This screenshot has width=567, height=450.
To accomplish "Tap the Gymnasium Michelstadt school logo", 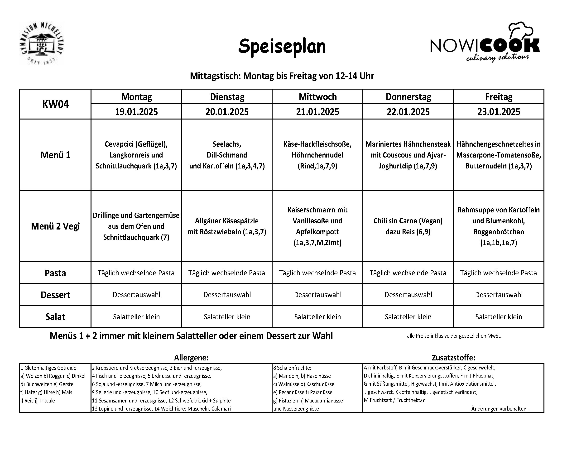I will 41,43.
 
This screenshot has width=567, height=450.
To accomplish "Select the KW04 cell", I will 55,104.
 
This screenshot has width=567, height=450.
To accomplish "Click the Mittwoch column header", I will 317,97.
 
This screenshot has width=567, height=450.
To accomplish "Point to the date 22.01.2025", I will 408,112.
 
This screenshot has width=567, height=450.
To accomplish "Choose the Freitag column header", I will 499,97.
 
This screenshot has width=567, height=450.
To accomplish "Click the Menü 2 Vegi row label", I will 55,226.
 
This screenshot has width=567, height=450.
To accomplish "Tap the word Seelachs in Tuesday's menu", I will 227,144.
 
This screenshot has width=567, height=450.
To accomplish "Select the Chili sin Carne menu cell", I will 408,226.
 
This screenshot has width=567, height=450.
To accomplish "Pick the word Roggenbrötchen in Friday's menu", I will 499,232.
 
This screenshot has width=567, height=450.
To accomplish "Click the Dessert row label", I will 55,295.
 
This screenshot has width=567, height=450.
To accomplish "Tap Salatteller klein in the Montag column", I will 136,317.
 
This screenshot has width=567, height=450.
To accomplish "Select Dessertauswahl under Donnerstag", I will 408,295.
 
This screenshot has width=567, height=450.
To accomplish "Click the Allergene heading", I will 191,358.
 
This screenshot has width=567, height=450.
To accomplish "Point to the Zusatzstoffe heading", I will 453,358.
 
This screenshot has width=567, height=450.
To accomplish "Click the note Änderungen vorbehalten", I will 499,409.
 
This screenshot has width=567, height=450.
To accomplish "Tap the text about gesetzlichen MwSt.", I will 454,336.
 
